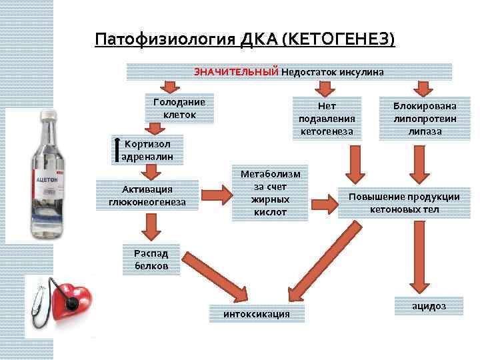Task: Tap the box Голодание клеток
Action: [x=179, y=109]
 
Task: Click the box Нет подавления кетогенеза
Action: [x=327, y=118]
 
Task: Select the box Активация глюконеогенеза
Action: [x=147, y=194]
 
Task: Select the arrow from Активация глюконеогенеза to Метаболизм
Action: [x=215, y=195]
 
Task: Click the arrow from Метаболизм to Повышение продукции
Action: [x=323, y=199]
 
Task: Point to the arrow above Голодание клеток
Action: [x=170, y=87]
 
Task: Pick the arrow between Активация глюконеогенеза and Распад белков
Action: [x=151, y=229]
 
